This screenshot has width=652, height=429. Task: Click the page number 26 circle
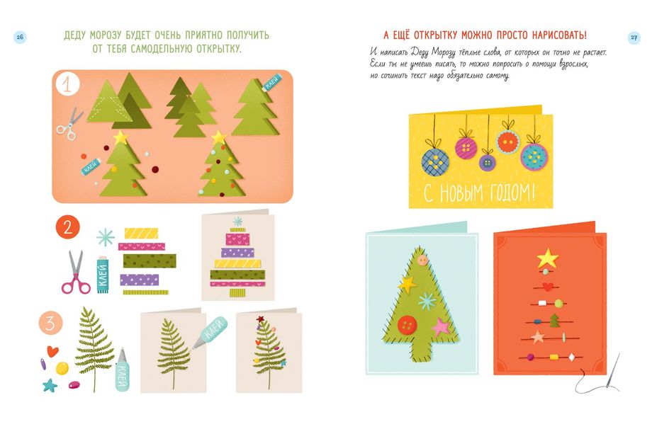[20, 38]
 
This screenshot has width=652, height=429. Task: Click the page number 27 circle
[634, 38]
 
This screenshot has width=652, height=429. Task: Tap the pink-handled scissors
[76, 273]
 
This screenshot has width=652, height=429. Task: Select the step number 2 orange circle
[67, 227]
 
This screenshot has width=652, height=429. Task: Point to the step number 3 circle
[51, 323]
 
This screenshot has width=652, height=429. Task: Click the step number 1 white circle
[67, 84]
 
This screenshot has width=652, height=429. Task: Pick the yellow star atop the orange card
[548, 258]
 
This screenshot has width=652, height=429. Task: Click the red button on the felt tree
[407, 325]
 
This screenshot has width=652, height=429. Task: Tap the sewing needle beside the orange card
[613, 371]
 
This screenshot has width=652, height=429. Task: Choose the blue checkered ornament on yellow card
[435, 161]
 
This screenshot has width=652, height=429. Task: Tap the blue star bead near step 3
[50, 385]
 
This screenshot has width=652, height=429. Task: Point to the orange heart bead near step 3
[52, 351]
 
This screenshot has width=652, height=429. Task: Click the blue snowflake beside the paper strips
[105, 237]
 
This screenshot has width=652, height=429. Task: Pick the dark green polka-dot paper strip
[150, 261]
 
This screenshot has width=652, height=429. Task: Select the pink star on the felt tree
[441, 327]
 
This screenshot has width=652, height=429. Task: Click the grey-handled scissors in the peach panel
[69, 124]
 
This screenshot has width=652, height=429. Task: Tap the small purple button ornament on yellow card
[487, 162]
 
